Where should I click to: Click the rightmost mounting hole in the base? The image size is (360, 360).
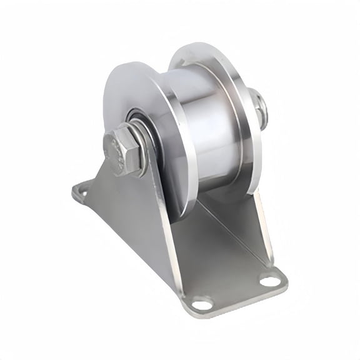tap(270, 281)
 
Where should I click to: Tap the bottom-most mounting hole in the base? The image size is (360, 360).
tap(202, 305)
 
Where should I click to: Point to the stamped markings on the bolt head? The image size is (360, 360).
tap(116, 150)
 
